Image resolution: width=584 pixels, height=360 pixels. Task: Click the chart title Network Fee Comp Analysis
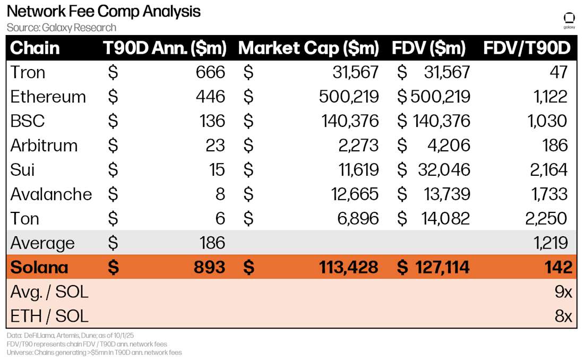click(104, 11)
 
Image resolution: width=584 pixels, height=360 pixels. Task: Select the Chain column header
click(35, 48)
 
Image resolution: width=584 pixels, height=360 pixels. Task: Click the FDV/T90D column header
click(527, 48)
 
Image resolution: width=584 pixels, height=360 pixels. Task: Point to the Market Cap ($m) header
click(308, 48)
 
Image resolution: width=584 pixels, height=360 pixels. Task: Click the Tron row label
click(28, 72)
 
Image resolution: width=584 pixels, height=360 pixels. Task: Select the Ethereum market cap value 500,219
click(349, 97)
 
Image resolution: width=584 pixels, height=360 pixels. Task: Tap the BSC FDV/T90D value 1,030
click(547, 121)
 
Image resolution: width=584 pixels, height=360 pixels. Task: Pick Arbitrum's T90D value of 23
click(215, 145)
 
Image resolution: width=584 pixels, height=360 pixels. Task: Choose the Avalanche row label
click(51, 194)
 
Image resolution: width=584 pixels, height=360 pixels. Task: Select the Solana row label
click(39, 267)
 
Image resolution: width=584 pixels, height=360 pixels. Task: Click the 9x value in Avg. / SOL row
click(563, 292)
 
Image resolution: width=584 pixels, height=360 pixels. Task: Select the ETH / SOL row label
click(49, 316)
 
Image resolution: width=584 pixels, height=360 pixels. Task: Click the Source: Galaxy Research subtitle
click(62, 28)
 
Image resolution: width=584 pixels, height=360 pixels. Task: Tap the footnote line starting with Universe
click(94, 352)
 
